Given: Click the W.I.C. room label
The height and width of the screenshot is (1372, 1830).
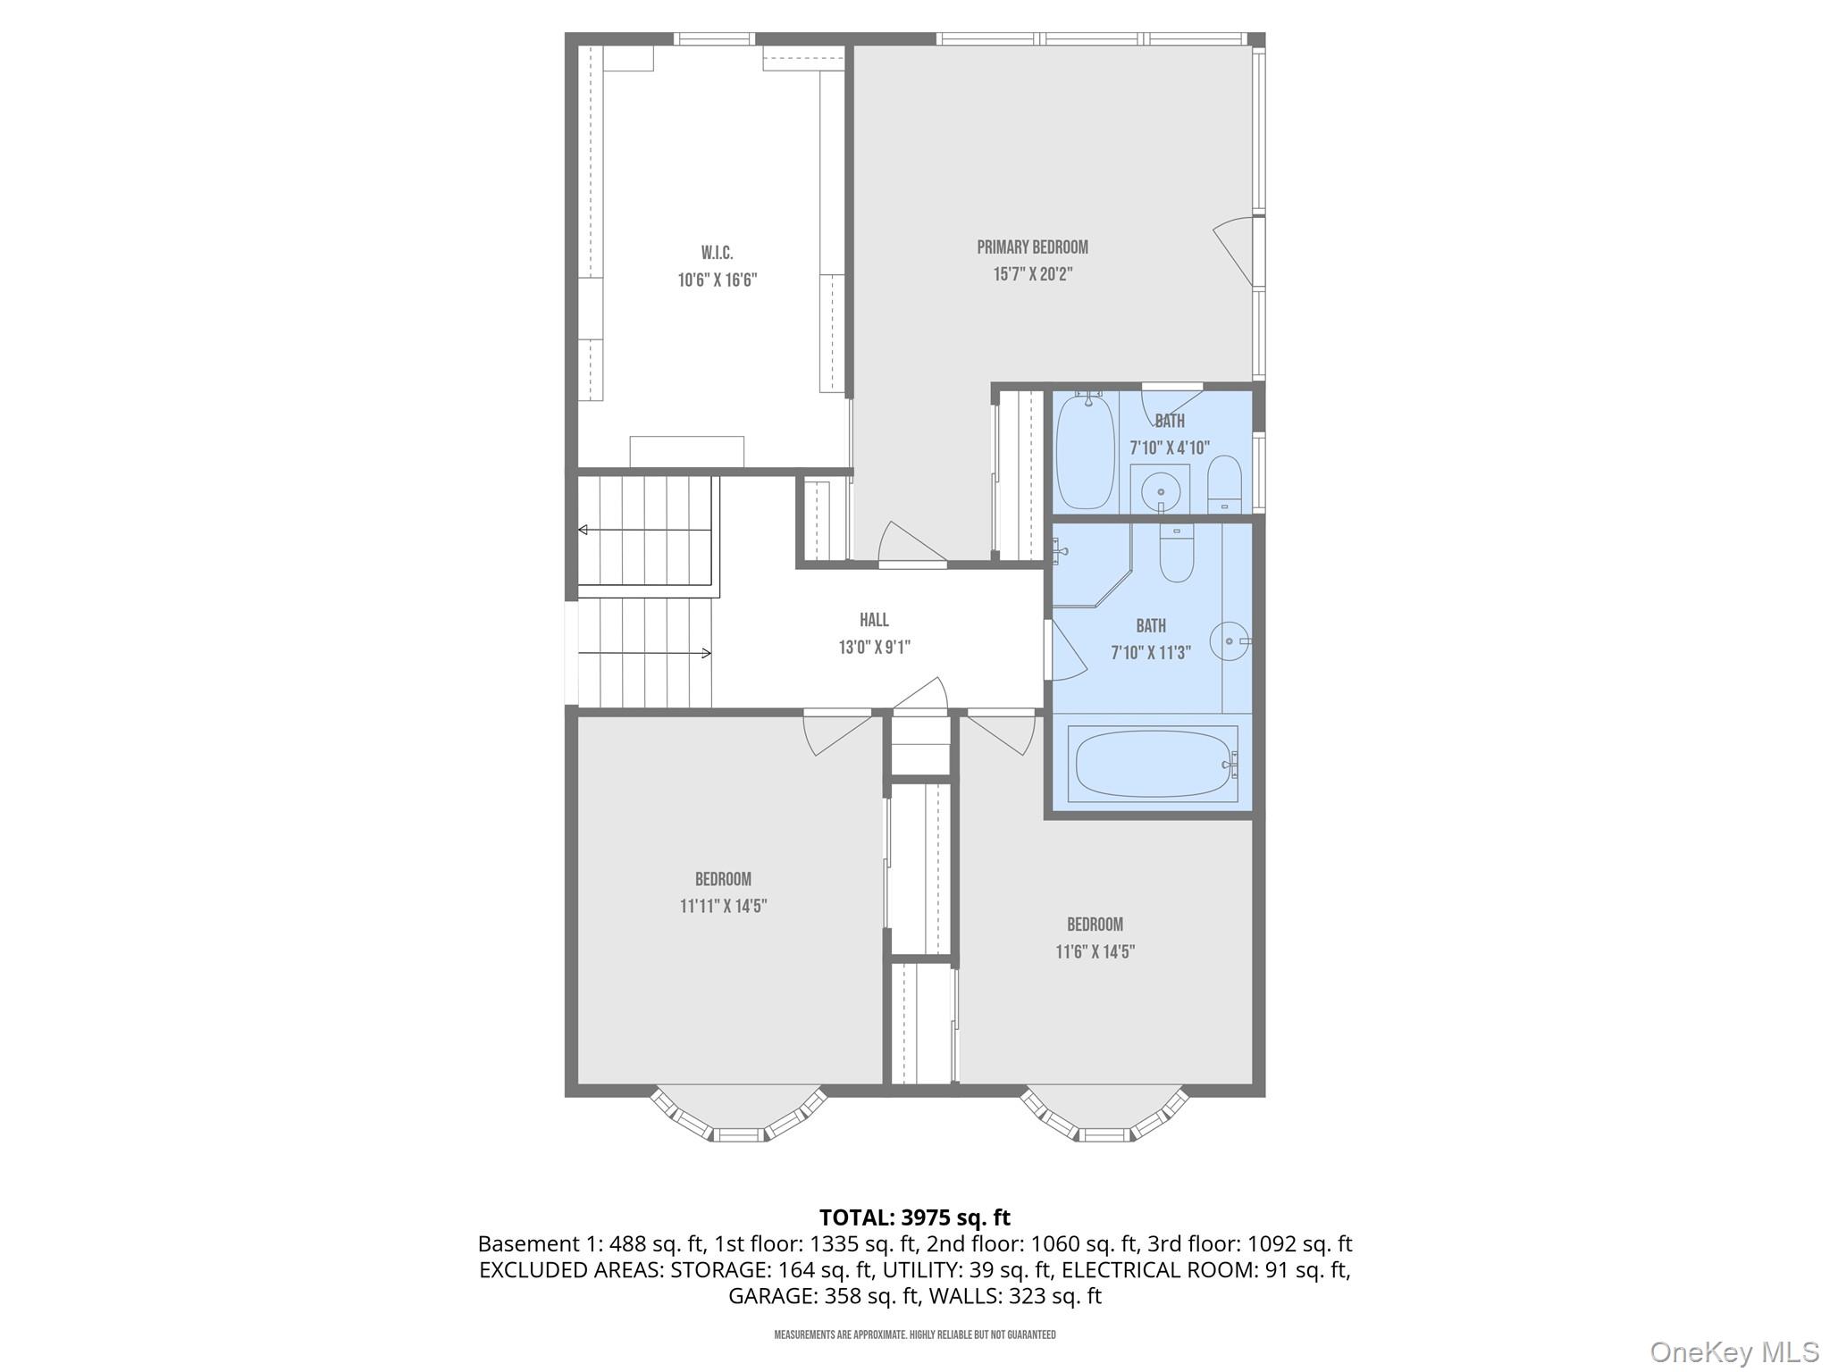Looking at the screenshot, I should (717, 254).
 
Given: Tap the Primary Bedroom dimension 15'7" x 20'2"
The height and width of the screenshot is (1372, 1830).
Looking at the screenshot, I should (1032, 274).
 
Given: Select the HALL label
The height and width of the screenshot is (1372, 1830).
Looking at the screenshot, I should (874, 620).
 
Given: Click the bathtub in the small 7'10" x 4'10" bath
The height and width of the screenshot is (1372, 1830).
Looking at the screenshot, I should (1085, 452).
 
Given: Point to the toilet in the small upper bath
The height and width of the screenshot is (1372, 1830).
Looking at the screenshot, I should (1224, 485).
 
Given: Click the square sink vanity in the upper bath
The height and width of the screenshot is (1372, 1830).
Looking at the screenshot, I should (1160, 489).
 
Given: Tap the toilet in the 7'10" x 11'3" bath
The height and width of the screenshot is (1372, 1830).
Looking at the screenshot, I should (1176, 553).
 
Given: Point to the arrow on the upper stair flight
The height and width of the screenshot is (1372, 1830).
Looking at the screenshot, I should (583, 530).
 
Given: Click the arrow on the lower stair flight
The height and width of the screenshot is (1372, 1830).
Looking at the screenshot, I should (706, 653).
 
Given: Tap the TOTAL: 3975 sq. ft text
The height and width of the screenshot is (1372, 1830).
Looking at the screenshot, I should (914, 1217).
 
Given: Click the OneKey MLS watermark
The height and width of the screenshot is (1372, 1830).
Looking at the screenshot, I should (1733, 1351).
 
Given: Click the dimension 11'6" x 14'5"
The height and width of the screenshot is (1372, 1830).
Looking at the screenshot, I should (1095, 952).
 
